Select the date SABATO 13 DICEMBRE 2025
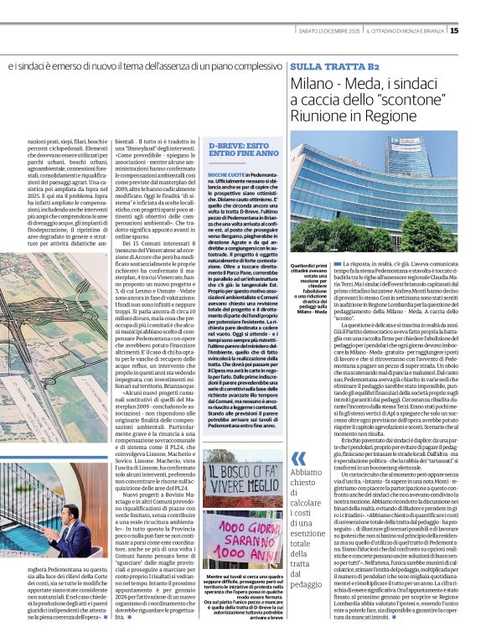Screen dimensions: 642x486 click(x=331, y=32)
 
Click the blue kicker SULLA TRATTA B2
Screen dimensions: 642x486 click(x=333, y=65)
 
